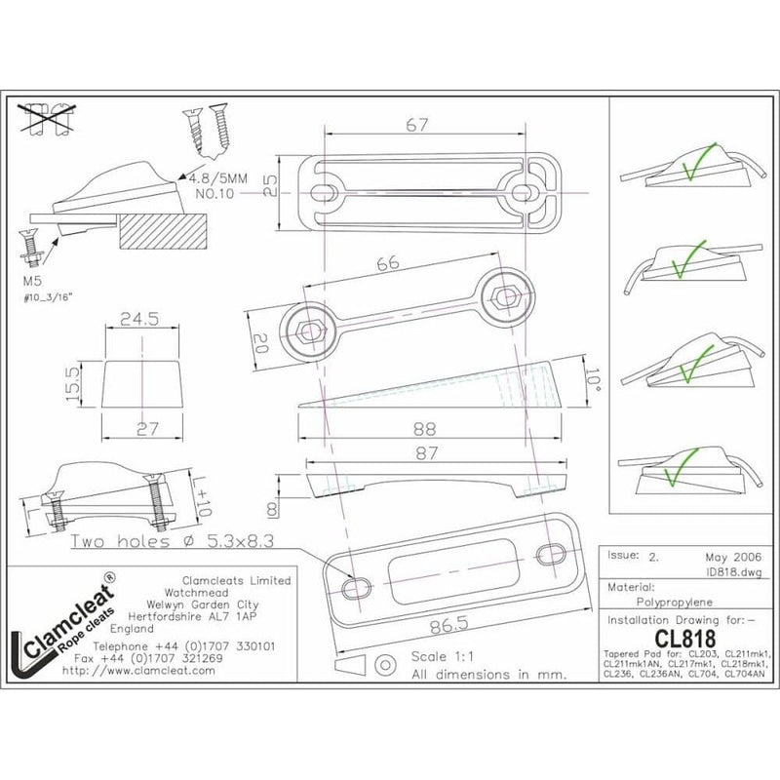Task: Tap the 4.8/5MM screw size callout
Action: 220,178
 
